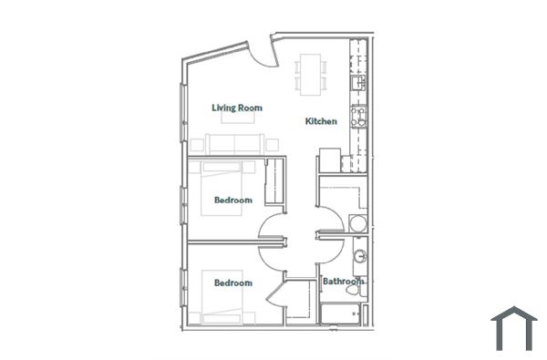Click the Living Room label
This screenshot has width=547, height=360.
[237, 108]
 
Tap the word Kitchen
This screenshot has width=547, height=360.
[321, 121]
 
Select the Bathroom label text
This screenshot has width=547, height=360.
[343, 282]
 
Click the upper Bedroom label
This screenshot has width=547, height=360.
[232, 200]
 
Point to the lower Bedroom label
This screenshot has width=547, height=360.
[232, 283]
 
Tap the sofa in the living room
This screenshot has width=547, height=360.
[235, 143]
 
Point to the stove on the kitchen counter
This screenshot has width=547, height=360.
[359, 116]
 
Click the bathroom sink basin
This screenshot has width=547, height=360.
[359, 256]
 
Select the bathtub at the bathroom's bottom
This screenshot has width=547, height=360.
[341, 313]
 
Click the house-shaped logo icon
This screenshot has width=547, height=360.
[513, 328]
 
